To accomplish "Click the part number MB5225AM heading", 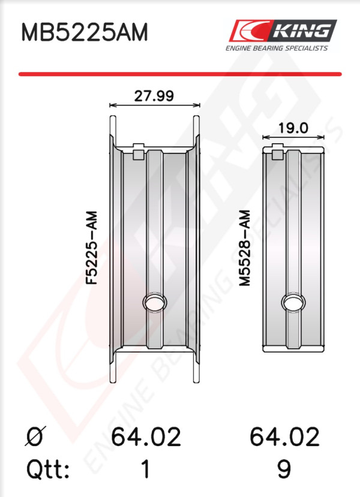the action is [x=85, y=32].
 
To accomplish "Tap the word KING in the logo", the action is [x=301, y=31].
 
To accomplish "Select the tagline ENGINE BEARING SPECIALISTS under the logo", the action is [x=276, y=48].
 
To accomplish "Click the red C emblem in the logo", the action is [x=250, y=31].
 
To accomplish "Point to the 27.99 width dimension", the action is [x=154, y=96].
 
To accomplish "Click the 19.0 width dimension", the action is [x=293, y=128].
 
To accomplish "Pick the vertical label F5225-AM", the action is [x=92, y=248].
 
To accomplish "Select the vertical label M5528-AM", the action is [x=245, y=248].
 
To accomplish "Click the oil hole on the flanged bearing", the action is [x=155, y=302].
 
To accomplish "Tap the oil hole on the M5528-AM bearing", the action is [x=293, y=302].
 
